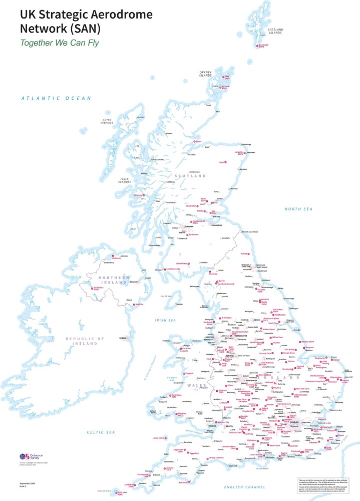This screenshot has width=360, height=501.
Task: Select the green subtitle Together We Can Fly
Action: [x=56, y=43]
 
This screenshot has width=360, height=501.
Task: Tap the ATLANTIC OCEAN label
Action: [x=56, y=99]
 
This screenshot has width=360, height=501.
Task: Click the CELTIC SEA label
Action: [x=100, y=432]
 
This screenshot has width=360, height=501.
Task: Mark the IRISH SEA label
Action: [x=165, y=320]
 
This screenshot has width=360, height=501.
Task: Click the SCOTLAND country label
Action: [x=190, y=176]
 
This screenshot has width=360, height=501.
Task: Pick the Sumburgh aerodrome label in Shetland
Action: [x=264, y=46]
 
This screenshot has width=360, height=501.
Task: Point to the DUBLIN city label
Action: [x=124, y=338]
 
